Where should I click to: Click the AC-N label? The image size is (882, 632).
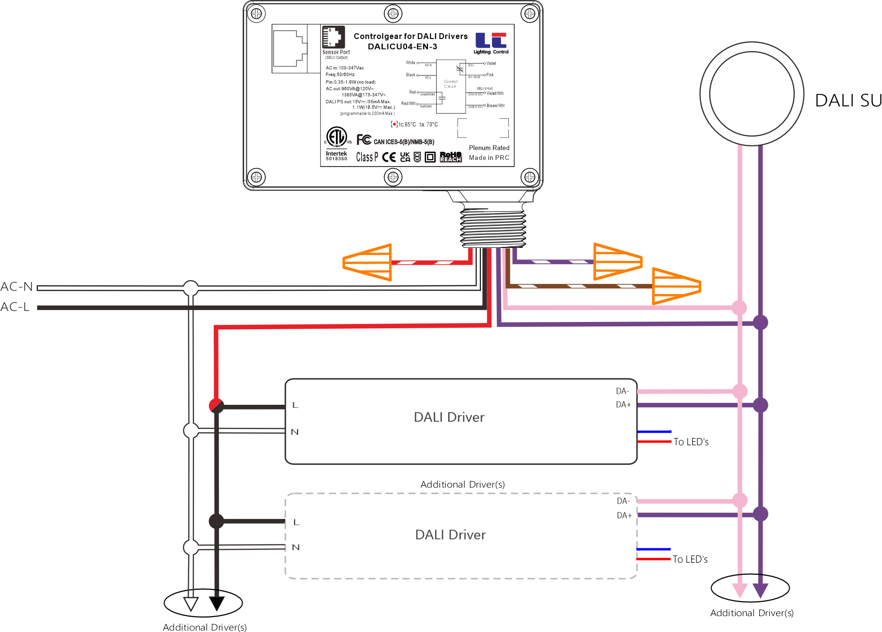click(17, 287)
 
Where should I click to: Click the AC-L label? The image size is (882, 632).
click(15, 307)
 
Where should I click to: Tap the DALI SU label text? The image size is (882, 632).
click(848, 101)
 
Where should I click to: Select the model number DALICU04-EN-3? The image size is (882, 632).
click(402, 47)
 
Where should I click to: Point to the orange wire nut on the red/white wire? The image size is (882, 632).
click(368, 262)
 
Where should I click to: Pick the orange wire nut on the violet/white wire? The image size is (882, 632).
click(618, 262)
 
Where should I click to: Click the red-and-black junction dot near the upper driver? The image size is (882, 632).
click(216, 405)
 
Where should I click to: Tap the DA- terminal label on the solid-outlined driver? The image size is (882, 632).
click(623, 391)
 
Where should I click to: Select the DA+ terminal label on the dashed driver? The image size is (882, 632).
click(624, 515)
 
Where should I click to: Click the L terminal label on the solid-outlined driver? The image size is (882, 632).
click(295, 405)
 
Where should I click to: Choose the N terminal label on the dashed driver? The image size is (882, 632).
click(296, 547)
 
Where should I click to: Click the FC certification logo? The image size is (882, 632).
click(364, 140)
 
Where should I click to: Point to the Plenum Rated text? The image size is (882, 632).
click(489, 148)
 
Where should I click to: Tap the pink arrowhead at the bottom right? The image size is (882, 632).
click(739, 590)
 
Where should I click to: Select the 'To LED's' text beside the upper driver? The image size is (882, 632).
click(691, 442)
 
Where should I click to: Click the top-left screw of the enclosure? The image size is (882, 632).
click(257, 13)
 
